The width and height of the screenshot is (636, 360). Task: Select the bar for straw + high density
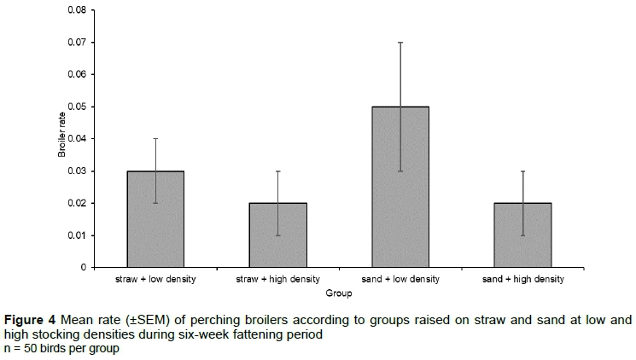coord(278,235)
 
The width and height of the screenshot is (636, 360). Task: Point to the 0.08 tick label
coord(76,10)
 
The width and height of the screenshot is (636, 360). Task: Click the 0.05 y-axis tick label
coord(76,107)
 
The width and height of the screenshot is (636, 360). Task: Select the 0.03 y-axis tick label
coord(76,171)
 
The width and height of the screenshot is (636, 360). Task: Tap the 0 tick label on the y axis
coord(84,268)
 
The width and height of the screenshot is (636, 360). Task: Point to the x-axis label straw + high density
coord(278,279)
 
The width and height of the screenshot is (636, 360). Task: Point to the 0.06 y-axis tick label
coord(76,74)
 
